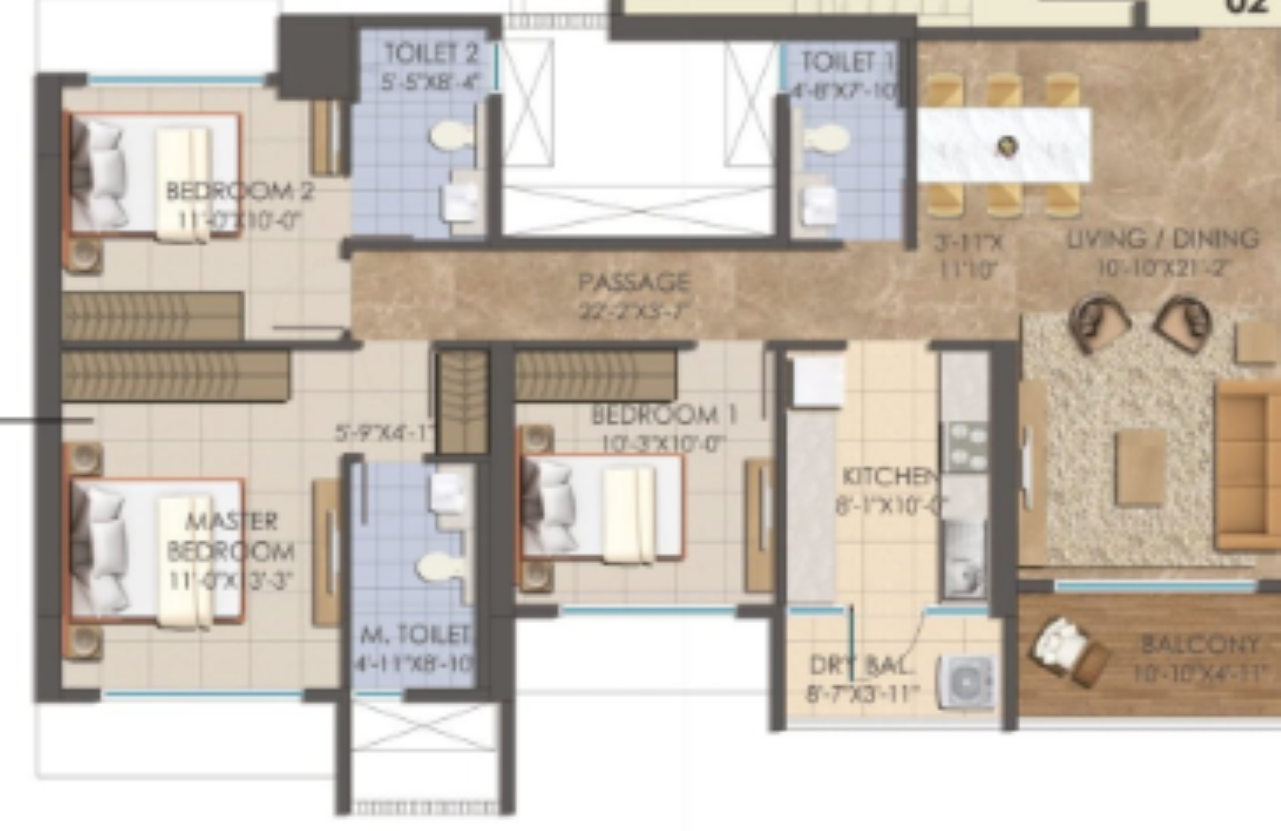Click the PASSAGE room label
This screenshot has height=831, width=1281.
tap(633, 283)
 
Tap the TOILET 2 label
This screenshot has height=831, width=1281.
tap(431, 54)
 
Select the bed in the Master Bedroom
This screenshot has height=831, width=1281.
tap(156, 551)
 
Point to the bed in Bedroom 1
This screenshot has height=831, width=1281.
tap(602, 506)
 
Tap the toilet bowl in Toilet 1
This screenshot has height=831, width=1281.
tap(827, 137)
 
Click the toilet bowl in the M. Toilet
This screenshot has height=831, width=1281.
tap(439, 566)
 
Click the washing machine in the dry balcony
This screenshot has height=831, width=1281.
tap(967, 683)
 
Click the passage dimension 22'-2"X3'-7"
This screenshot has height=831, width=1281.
tap(633, 312)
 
